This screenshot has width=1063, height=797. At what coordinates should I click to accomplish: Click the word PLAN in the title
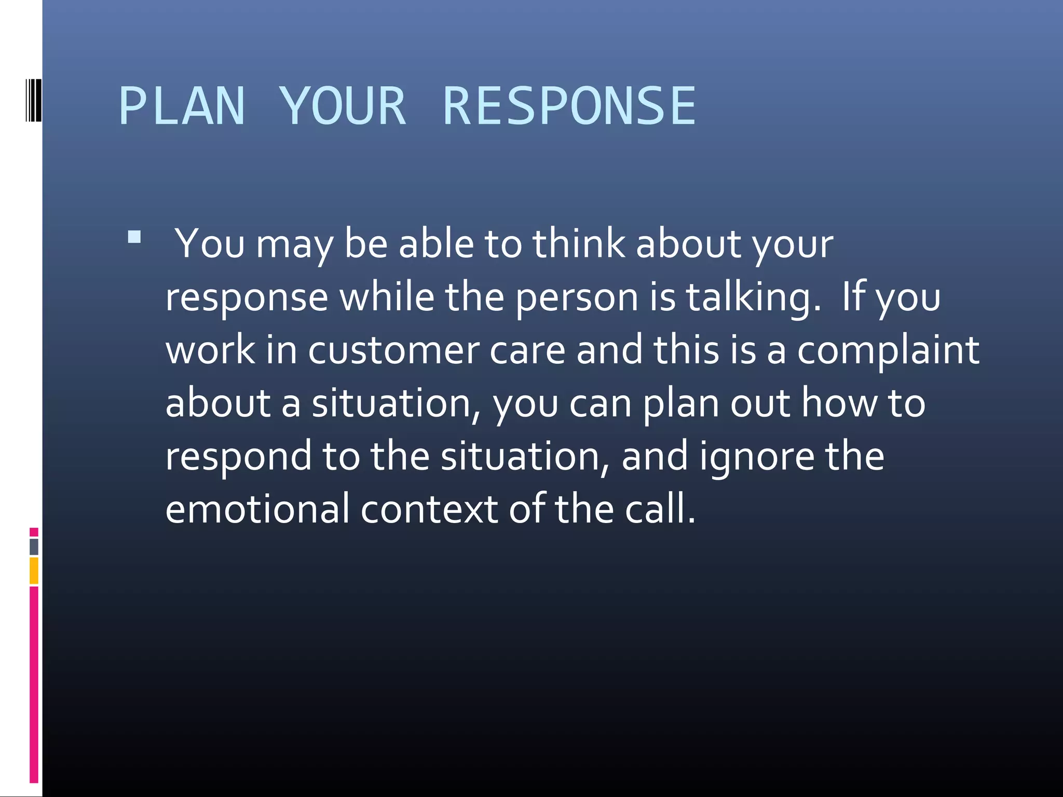pos(182,106)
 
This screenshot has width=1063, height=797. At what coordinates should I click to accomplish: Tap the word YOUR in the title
pos(343,106)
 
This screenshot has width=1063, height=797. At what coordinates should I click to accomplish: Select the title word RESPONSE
pos(569,106)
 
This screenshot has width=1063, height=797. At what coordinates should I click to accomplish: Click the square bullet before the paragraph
pos(134,237)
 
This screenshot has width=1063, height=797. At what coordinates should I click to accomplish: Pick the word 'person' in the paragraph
pos(577,298)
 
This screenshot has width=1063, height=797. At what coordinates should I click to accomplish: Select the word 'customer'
pos(393,350)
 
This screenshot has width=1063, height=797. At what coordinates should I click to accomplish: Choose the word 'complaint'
pos(888,351)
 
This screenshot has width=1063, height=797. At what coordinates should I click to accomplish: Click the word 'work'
pos(210,350)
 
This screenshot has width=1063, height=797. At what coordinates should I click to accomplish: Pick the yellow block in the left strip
pos(34,571)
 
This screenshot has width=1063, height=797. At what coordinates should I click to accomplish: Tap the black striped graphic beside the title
pos(33,100)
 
